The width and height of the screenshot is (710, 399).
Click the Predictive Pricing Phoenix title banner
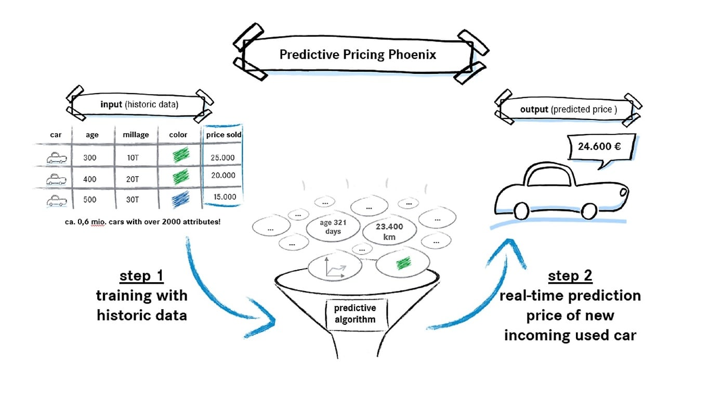[358, 55]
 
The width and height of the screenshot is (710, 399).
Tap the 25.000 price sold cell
[223, 157]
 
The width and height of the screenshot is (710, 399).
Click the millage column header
[136, 135]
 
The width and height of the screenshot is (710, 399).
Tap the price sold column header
[223, 135]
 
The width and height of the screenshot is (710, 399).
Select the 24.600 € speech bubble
[599, 147]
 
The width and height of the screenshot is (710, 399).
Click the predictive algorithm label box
[355, 314]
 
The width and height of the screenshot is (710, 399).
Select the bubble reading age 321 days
[333, 227]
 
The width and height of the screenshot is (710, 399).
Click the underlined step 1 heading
[141, 275]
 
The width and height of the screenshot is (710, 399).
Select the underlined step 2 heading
[570, 275]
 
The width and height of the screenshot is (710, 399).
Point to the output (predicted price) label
[568, 110]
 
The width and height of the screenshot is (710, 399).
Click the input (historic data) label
[139, 104]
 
